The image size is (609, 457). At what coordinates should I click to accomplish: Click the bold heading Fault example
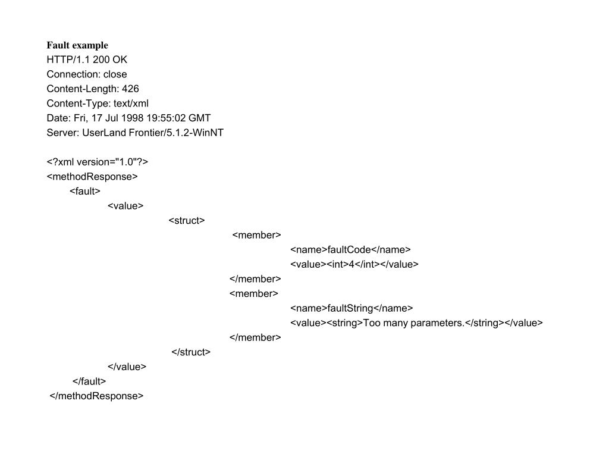pyautogui.click(x=77, y=45)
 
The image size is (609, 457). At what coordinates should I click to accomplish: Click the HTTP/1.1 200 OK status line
pyautogui.click(x=87, y=60)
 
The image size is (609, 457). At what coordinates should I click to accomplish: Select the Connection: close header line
pyautogui.click(x=87, y=74)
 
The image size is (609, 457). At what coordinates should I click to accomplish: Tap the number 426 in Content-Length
pyautogui.click(x=130, y=89)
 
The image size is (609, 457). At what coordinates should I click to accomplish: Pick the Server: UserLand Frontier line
pyautogui.click(x=135, y=133)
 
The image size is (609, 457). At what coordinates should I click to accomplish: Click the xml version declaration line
pyautogui.click(x=97, y=162)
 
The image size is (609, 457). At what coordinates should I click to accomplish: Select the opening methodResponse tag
pyautogui.click(x=92, y=176)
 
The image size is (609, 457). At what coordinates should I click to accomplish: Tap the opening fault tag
pyautogui.click(x=85, y=191)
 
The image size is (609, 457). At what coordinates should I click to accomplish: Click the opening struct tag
pyautogui.click(x=187, y=220)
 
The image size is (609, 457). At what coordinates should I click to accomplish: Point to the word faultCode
pyautogui.click(x=349, y=249)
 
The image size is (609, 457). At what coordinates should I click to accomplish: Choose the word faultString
pyautogui.click(x=350, y=308)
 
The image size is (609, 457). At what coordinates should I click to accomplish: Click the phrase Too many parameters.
pyautogui.click(x=413, y=323)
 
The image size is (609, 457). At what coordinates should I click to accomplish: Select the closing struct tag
pyautogui.click(x=191, y=352)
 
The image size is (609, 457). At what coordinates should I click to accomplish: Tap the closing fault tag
pyautogui.click(x=89, y=381)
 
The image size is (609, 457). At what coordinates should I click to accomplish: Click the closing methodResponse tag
pyautogui.click(x=96, y=396)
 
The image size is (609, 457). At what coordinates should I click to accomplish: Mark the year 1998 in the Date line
pyautogui.click(x=140, y=118)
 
